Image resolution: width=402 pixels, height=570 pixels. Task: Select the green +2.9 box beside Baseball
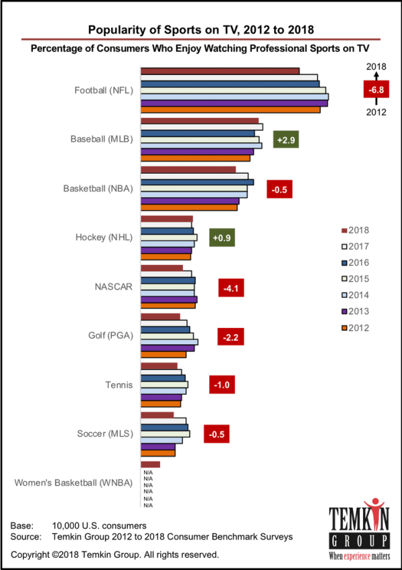point(286,139)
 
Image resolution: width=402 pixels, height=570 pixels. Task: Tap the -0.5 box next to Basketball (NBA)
point(279,190)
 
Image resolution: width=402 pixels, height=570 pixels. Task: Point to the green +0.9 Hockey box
point(222,237)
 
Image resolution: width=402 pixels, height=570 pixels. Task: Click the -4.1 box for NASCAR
point(232,288)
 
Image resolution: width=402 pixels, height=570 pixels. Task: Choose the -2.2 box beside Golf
point(230,337)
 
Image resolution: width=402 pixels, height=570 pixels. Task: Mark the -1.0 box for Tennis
point(222,385)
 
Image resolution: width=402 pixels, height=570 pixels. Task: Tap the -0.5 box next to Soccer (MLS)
point(216,434)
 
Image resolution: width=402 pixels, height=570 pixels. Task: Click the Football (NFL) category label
point(103,90)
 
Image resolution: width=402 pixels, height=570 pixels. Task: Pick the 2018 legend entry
point(355,230)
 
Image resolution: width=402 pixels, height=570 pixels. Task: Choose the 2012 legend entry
point(355,328)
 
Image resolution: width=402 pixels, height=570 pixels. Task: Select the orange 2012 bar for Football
point(230,109)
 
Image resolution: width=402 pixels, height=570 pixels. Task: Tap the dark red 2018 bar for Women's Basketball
point(151,464)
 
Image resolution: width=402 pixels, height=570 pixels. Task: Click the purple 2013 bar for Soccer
point(158,447)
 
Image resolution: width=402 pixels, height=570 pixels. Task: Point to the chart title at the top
point(201,29)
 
